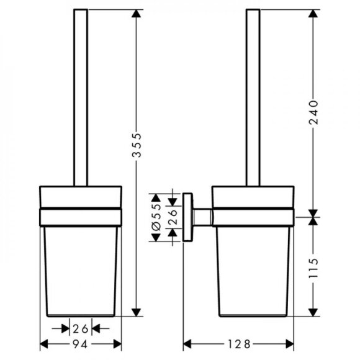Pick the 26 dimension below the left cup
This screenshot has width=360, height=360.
[x=80, y=329]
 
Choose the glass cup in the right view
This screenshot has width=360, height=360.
[x=253, y=267]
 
